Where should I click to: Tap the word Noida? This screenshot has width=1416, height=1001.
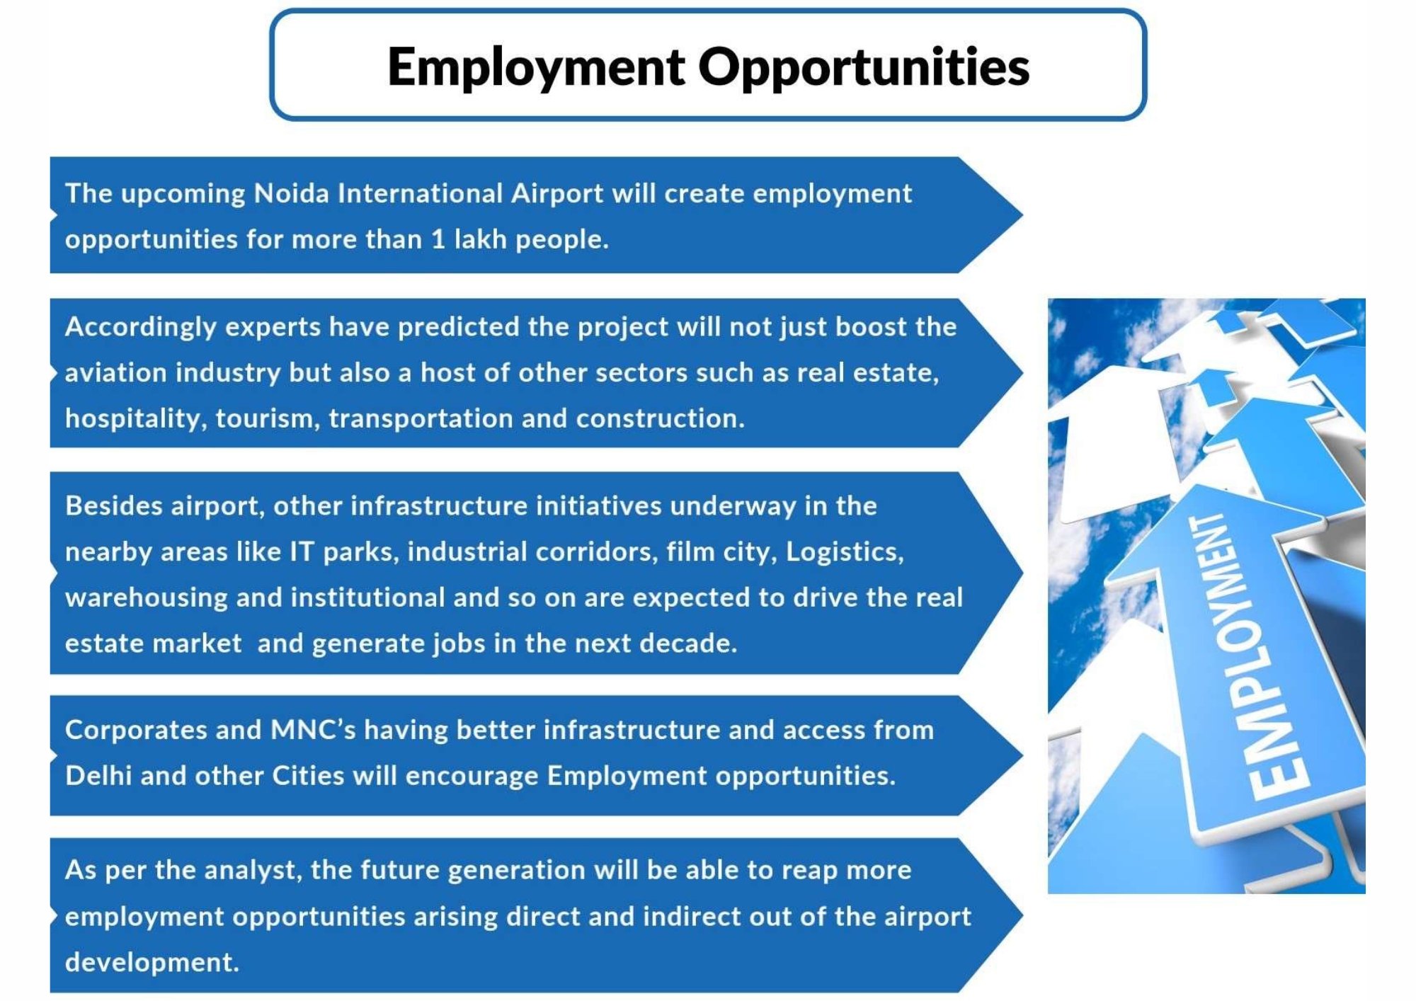click(x=291, y=193)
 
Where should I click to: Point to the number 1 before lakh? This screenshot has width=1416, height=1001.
click(x=439, y=239)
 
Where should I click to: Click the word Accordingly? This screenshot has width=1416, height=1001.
click(x=141, y=328)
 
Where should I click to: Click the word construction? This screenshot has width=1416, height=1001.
click(x=661, y=418)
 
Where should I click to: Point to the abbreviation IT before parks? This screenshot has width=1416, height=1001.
click(x=302, y=552)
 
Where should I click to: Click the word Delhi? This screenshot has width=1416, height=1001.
click(x=98, y=776)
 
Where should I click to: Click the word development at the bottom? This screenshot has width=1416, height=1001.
click(x=152, y=963)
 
